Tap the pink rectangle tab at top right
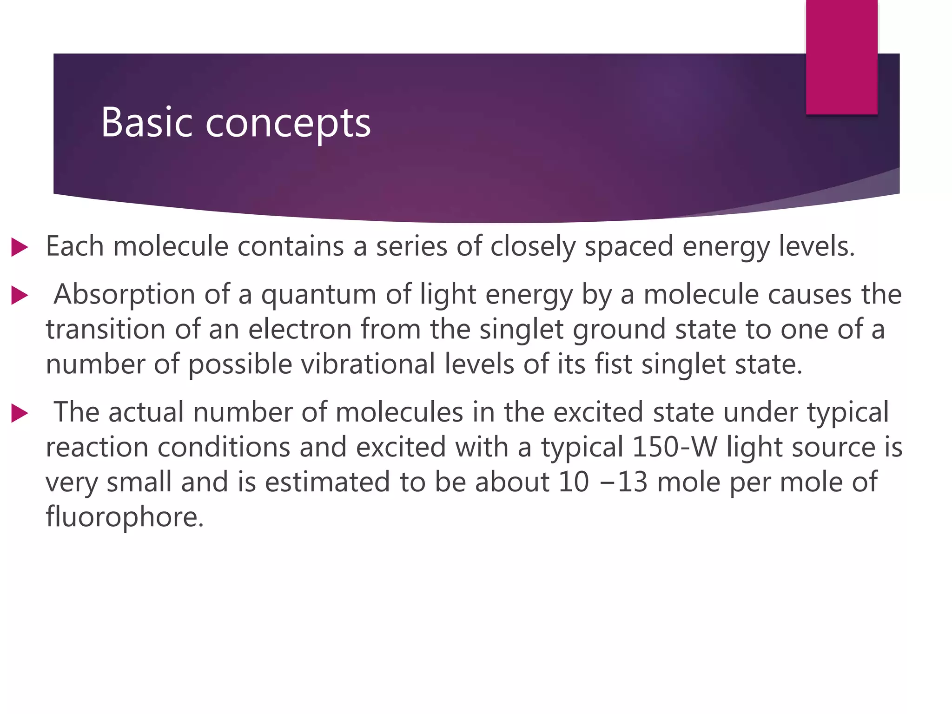point(841,57)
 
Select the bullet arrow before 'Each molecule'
point(20,247)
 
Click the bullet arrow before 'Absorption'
point(20,296)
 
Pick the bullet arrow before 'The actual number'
point(20,413)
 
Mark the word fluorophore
point(125,517)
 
